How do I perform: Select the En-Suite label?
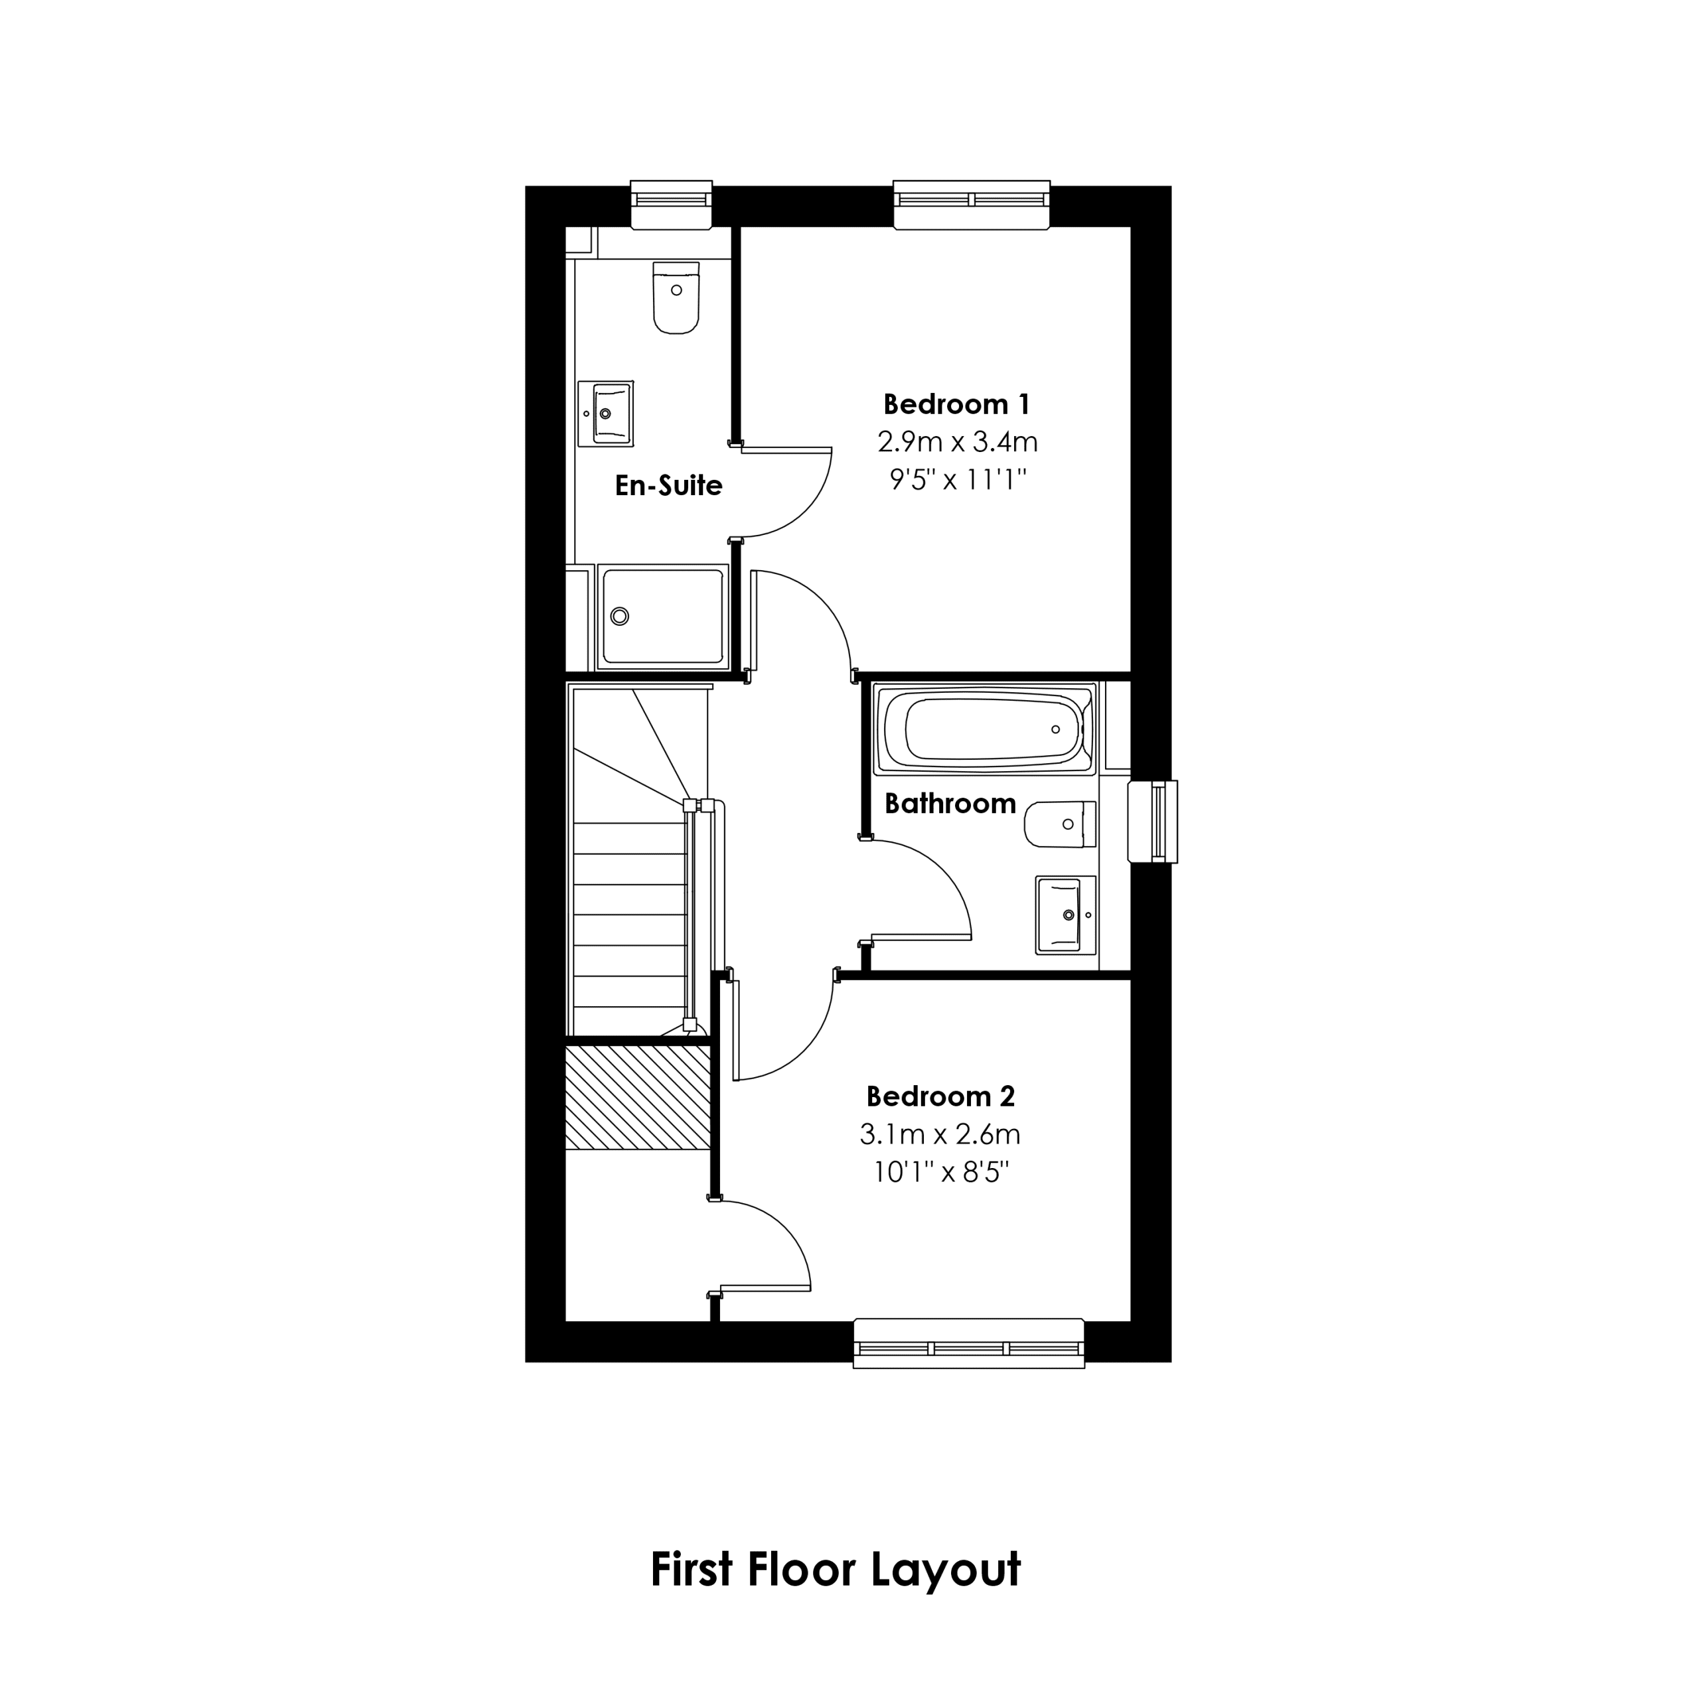(x=668, y=485)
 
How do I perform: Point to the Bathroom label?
(x=950, y=803)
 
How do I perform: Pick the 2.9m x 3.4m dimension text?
(x=958, y=441)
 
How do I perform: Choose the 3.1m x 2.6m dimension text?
(x=940, y=1134)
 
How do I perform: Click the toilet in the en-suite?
(x=676, y=297)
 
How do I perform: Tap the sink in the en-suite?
(x=605, y=413)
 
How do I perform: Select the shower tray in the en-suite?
(x=662, y=617)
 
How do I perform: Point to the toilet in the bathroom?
(x=1061, y=824)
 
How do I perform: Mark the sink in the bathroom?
(x=1066, y=915)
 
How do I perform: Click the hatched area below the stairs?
(x=638, y=1098)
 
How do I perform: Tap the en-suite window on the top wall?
(x=672, y=205)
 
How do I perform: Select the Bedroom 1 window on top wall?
(x=972, y=205)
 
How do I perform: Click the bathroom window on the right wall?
(x=1153, y=822)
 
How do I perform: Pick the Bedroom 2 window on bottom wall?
(x=969, y=1343)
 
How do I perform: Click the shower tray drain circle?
(x=620, y=617)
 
